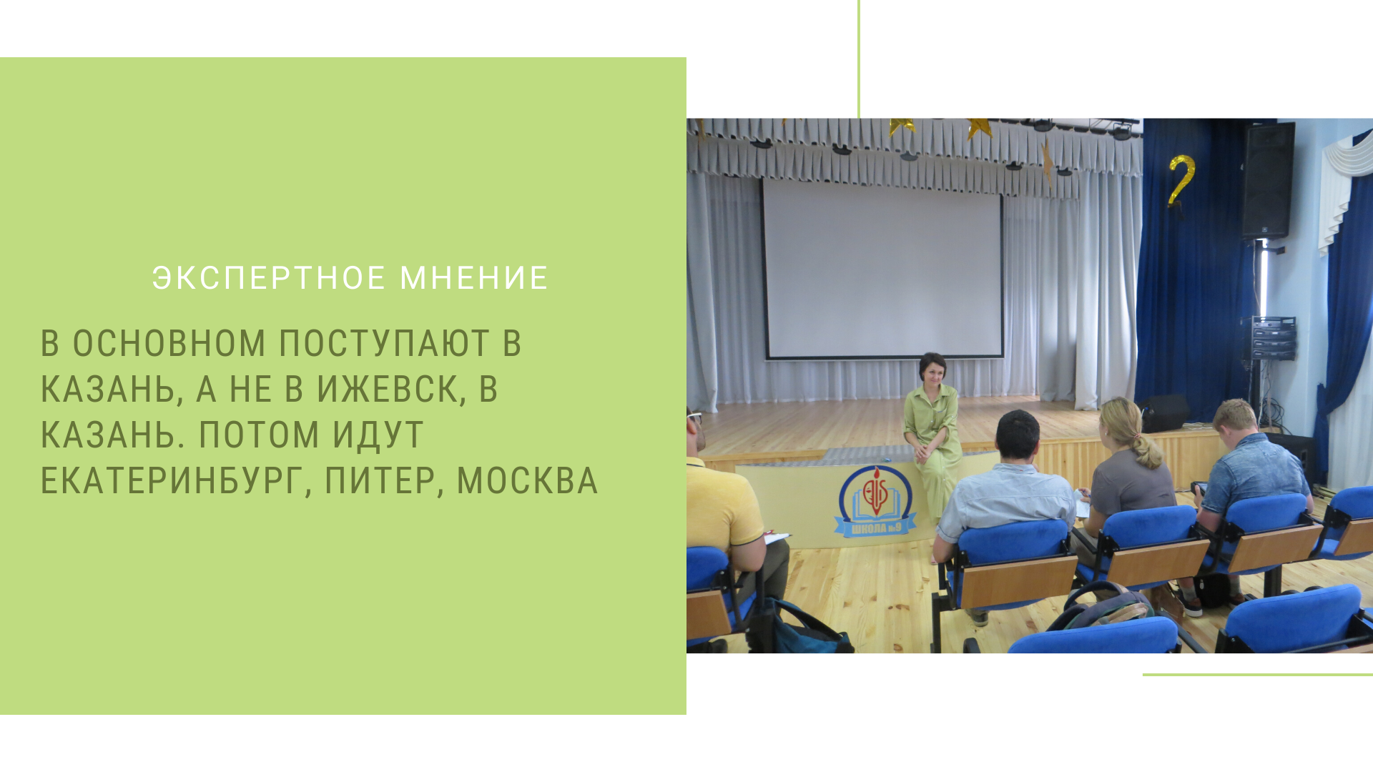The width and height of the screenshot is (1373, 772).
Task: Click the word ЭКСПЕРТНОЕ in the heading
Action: pos(269,278)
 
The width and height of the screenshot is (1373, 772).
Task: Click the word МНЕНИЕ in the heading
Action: pos(473,278)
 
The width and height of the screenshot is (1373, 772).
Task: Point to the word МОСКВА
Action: pos(527,481)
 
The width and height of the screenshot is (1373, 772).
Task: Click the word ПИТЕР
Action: pos(384,481)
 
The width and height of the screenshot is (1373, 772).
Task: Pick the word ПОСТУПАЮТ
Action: pos(384,344)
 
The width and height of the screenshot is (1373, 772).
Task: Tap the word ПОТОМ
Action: pos(259,435)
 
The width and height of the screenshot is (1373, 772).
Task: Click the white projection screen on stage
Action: pos(883,267)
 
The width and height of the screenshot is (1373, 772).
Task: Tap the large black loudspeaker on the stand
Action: pos(1268,180)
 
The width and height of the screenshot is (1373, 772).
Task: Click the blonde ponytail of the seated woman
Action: pos(1143,447)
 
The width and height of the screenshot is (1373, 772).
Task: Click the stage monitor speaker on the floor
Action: pos(1164,413)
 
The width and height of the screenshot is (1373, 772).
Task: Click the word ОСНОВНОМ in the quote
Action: pos(169,344)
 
